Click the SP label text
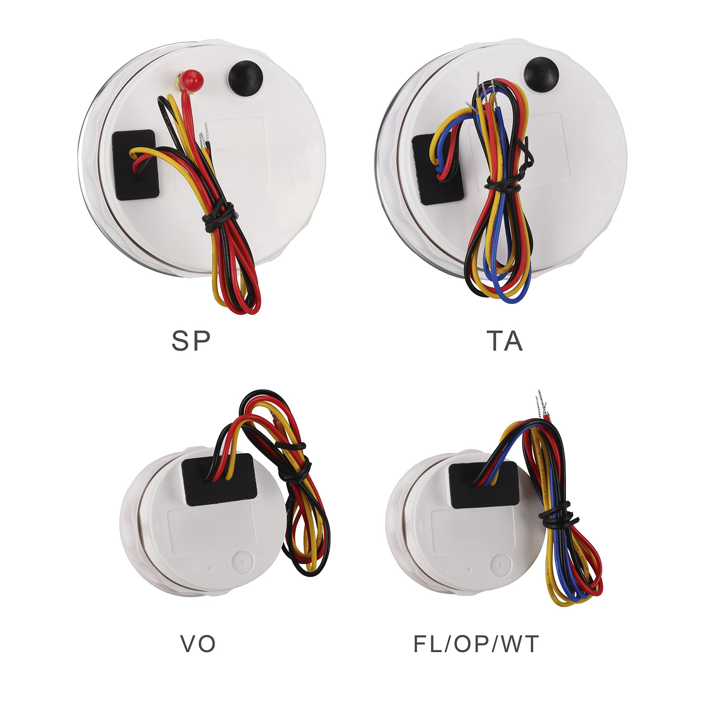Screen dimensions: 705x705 coord(191,341)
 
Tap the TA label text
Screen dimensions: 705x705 coord(504,341)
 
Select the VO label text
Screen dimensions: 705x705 coord(198,644)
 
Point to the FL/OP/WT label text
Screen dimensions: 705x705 coord(475,644)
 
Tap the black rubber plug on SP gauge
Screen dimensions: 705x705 coord(245,78)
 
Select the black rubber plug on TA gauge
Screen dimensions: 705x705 coord(541,75)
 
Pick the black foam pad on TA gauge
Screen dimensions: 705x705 coord(437,169)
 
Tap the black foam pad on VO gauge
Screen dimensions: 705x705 coord(219,480)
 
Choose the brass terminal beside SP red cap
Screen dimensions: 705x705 coord(179,79)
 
